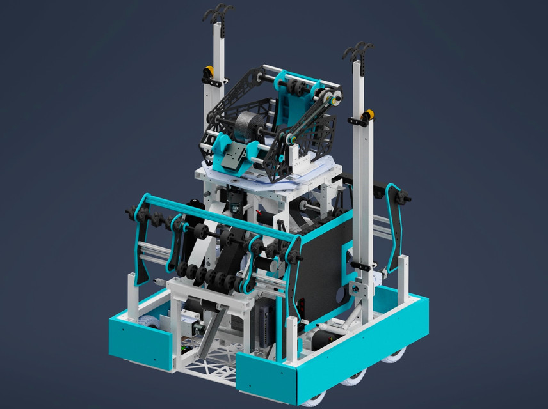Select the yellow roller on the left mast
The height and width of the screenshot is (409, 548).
(x=209, y=71)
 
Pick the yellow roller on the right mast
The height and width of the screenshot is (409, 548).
(x=368, y=115)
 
